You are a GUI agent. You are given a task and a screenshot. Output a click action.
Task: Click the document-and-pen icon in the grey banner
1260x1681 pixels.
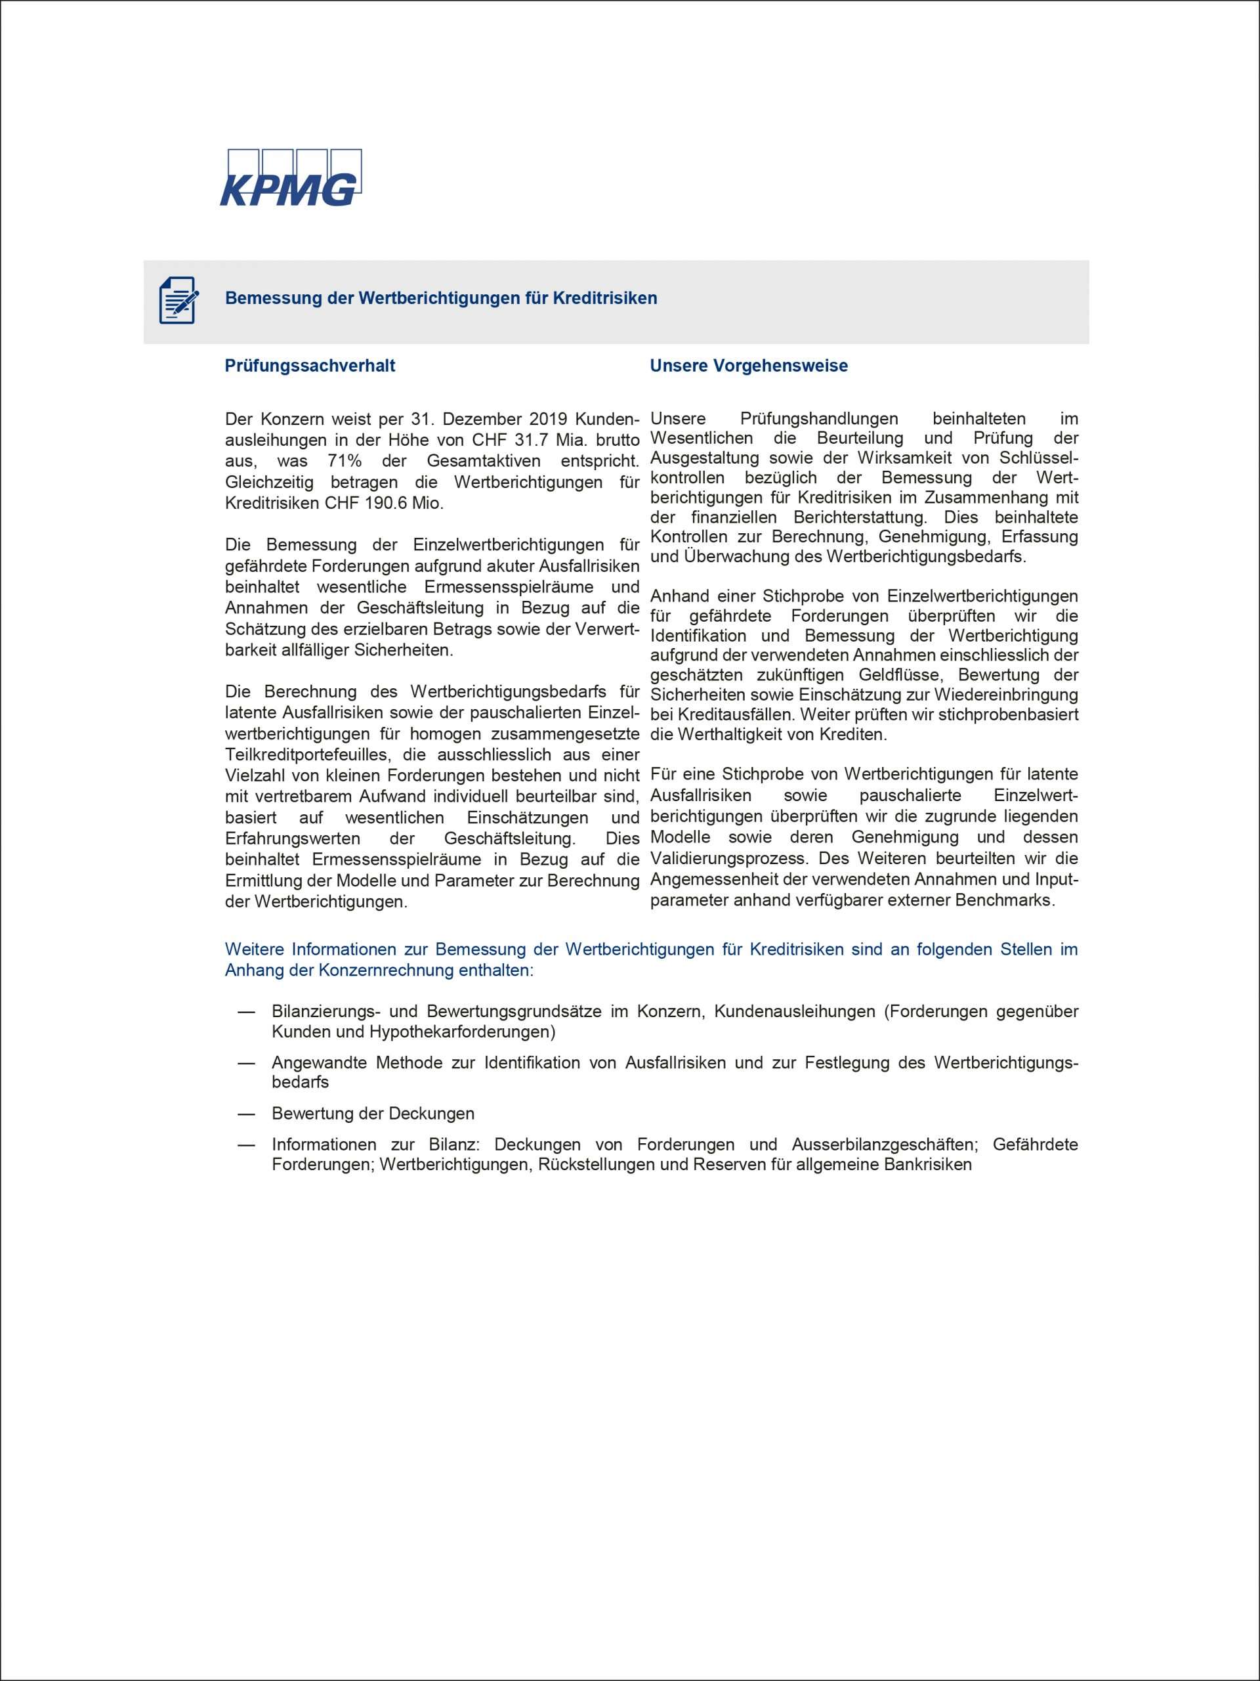point(178,300)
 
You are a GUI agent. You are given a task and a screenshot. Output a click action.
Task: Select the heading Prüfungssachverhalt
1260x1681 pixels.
point(310,366)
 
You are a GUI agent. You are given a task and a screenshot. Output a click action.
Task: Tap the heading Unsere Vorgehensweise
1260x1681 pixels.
point(748,366)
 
